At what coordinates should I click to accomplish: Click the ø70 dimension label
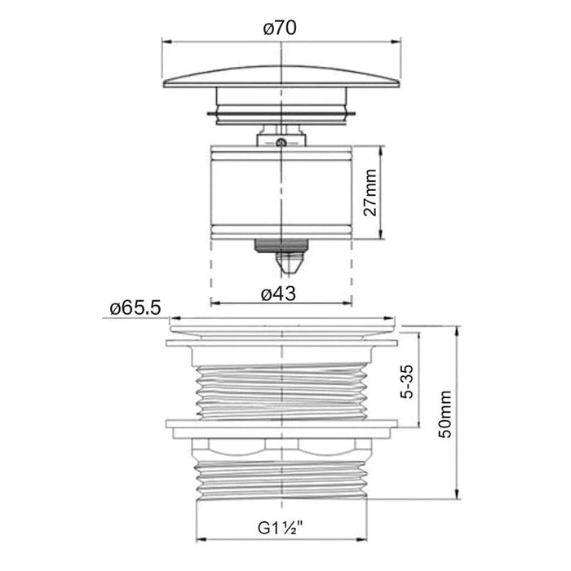(280, 29)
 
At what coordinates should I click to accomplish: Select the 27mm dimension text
(370, 193)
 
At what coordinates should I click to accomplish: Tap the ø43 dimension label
(279, 294)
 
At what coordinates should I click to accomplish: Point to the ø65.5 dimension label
(135, 308)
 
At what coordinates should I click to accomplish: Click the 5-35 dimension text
(407, 381)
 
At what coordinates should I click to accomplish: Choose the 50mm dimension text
(445, 414)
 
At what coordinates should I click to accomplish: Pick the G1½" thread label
(281, 528)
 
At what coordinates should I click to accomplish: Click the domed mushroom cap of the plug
(281, 77)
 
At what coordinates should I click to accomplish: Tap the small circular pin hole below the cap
(279, 143)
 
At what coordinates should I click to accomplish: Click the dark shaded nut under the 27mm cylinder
(281, 246)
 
